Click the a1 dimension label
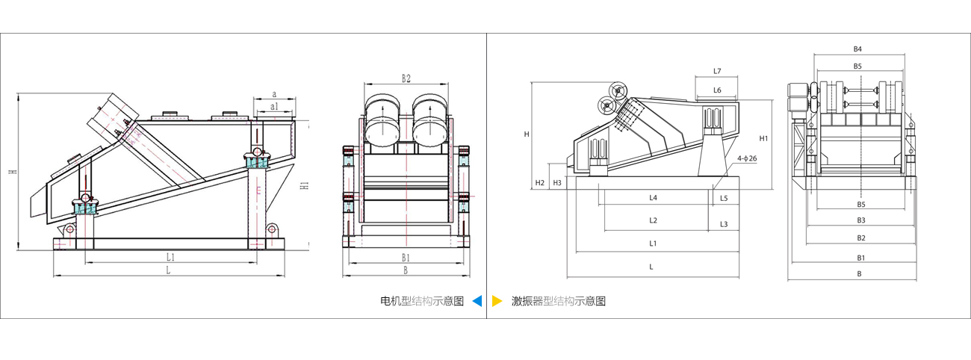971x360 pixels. [x=275, y=107]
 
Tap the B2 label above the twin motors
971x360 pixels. [x=406, y=78]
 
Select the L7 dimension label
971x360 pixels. [x=717, y=71]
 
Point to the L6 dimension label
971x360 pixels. [x=717, y=90]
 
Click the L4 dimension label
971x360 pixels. [x=653, y=198]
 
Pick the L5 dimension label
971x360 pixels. [x=724, y=198]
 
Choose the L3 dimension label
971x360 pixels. [x=724, y=224]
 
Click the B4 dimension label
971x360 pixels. [x=857, y=49]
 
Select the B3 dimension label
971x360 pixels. [x=860, y=220]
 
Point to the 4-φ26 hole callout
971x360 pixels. [x=746, y=158]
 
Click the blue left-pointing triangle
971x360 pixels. [x=477, y=301]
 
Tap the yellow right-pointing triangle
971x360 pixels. [x=497, y=301]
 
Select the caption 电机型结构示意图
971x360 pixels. [x=422, y=301]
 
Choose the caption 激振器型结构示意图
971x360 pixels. [x=558, y=301]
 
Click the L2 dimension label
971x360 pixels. [x=653, y=220]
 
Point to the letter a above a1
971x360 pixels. [x=274, y=94]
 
